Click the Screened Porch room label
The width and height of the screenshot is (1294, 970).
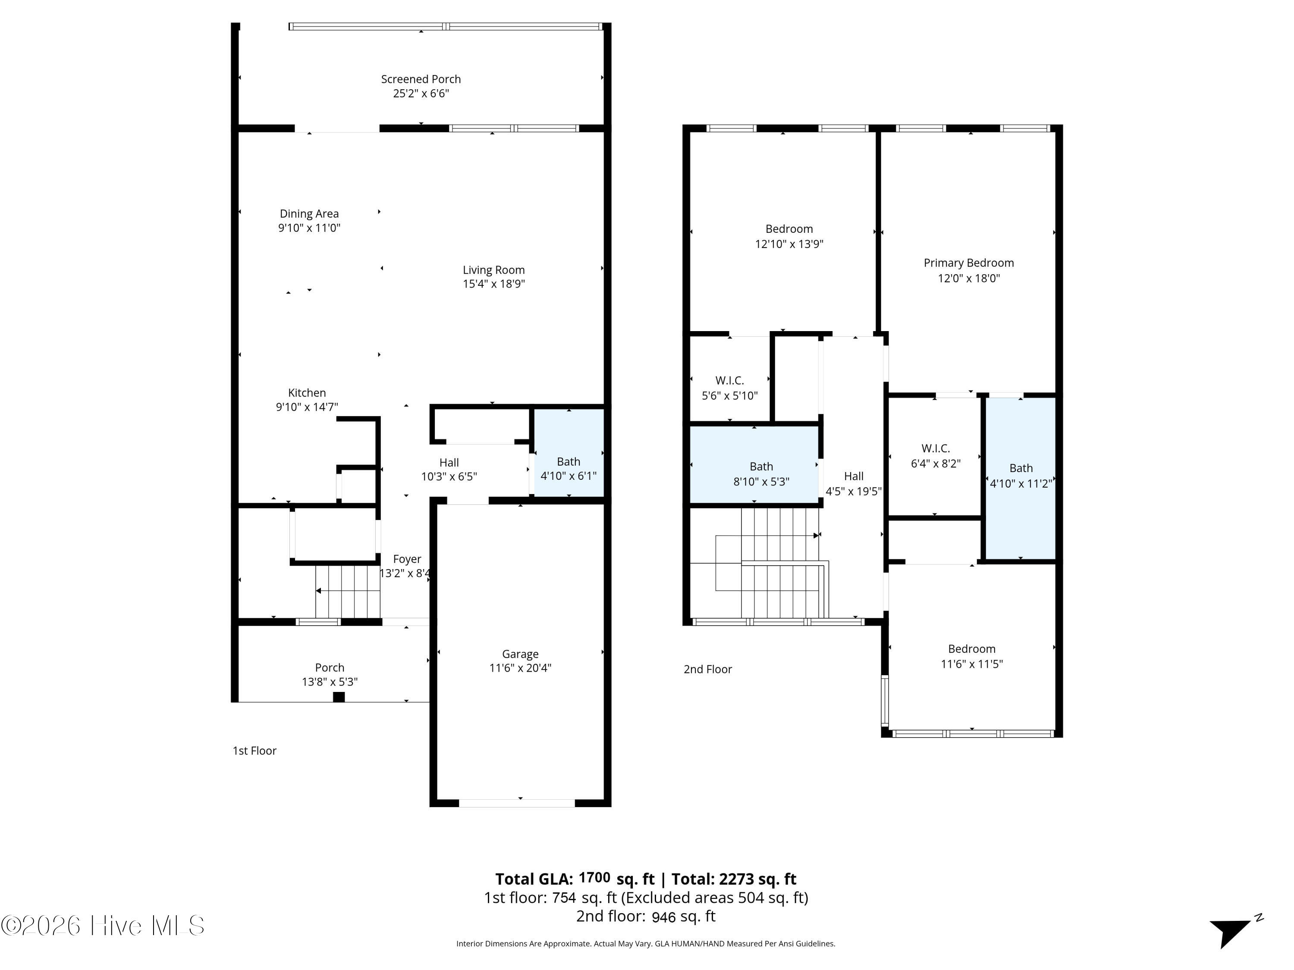[421, 79]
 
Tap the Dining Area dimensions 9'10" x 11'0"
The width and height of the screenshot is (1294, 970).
[309, 228]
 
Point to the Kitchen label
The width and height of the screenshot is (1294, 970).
[307, 393]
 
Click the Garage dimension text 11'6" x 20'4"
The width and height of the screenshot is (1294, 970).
[520, 668]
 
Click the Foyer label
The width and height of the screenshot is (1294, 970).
[407, 559]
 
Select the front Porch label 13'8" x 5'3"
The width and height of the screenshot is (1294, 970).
[330, 675]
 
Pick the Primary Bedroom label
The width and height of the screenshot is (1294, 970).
[969, 263]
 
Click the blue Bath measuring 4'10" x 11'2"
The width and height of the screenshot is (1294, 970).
[1021, 478]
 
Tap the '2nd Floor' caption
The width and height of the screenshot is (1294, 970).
[708, 670]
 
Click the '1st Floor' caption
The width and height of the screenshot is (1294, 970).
[254, 751]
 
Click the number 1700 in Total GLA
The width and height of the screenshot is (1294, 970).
[594, 878]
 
